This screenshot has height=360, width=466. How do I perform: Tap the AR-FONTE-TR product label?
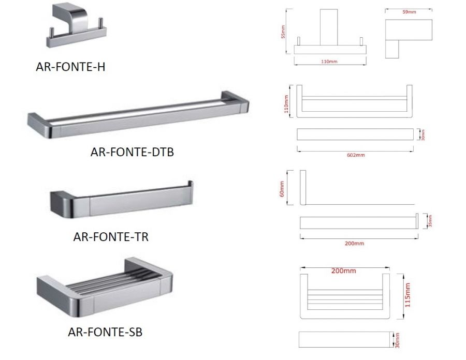tap(111, 237)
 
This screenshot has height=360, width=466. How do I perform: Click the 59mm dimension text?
tap(409, 12)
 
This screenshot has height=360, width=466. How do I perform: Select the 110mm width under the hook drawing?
tap(330, 62)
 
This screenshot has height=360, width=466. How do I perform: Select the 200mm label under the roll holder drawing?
tap(355, 243)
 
